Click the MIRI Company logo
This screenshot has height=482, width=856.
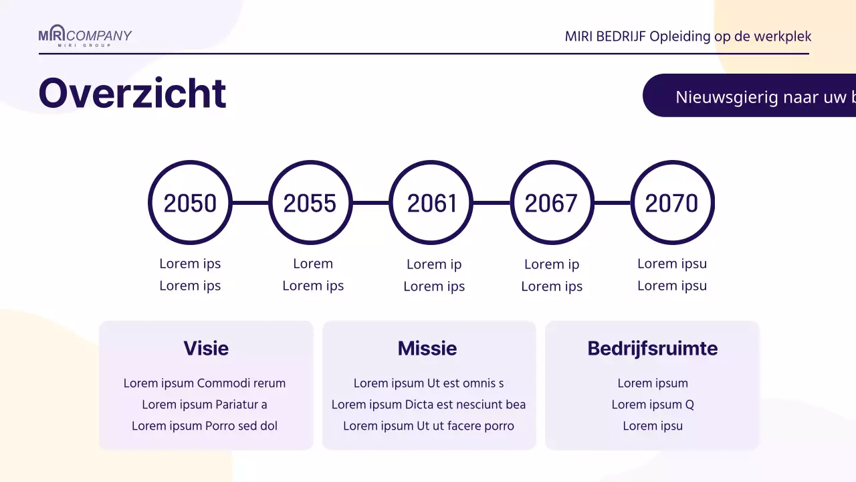coord(85,35)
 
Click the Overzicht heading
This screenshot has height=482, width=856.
coord(132,94)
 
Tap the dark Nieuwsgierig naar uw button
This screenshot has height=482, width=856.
coord(750,95)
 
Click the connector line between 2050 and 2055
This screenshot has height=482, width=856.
coord(250,203)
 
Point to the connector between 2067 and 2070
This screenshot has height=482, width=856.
coord(612,203)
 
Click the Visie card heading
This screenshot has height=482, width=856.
coord(206,349)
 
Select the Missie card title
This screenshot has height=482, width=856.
coord(427,349)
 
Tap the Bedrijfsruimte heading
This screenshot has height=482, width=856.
coord(653,349)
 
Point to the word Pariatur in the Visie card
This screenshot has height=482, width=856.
coord(237,404)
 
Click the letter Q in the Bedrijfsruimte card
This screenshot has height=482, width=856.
coord(689,405)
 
